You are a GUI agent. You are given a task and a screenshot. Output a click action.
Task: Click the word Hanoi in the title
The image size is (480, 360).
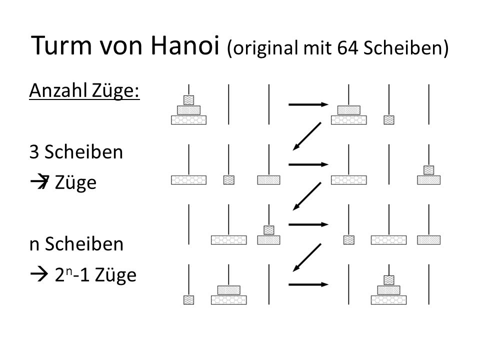(185, 45)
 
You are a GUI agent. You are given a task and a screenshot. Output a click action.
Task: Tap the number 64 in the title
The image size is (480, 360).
(347, 48)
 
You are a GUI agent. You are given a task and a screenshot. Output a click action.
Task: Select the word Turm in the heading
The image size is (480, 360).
(61, 45)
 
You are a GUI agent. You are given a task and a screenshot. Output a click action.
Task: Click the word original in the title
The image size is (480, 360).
(265, 48)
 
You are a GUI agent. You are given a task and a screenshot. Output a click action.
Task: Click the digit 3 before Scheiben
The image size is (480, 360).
(34, 152)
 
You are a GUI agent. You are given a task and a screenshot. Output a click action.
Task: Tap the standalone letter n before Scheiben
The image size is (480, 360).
(34, 245)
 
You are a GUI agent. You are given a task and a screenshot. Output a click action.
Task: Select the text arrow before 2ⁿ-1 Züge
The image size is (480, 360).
(39, 274)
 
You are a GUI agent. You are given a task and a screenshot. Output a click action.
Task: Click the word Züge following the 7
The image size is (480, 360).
(75, 183)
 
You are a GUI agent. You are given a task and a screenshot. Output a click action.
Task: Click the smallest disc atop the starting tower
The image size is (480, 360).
(188, 100)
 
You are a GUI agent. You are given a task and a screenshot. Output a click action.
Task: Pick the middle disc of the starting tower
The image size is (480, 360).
(188, 110)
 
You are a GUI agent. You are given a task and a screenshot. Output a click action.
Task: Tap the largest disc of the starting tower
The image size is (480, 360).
(188, 119)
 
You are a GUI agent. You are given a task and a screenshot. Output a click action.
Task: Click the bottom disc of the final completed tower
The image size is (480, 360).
(389, 299)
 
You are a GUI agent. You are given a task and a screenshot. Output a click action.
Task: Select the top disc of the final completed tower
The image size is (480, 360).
(389, 280)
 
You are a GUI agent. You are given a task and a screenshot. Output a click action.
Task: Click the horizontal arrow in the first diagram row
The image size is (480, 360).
(308, 104)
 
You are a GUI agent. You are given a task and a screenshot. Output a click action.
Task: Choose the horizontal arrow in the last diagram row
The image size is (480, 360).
(308, 284)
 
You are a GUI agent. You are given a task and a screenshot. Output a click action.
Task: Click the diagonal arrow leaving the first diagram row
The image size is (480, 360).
(307, 136)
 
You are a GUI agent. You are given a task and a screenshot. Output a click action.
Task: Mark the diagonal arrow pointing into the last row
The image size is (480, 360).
(307, 257)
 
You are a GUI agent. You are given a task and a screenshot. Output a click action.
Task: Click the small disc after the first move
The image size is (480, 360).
(389, 119)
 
